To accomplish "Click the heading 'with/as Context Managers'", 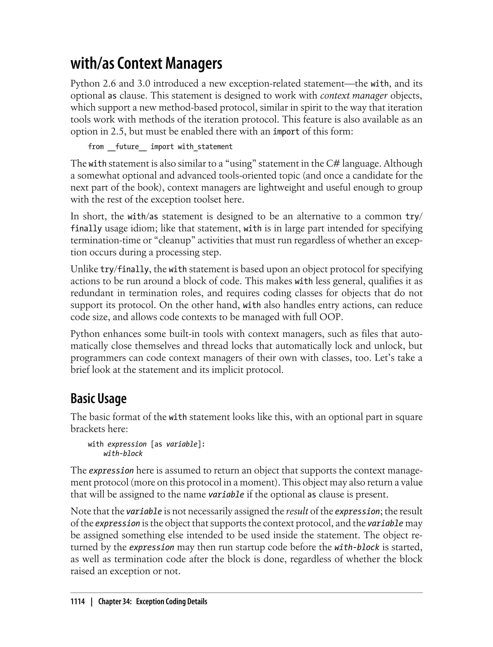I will (x=146, y=64).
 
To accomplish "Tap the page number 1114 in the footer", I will (x=78, y=602).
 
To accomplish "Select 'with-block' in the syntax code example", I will (x=123, y=454).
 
